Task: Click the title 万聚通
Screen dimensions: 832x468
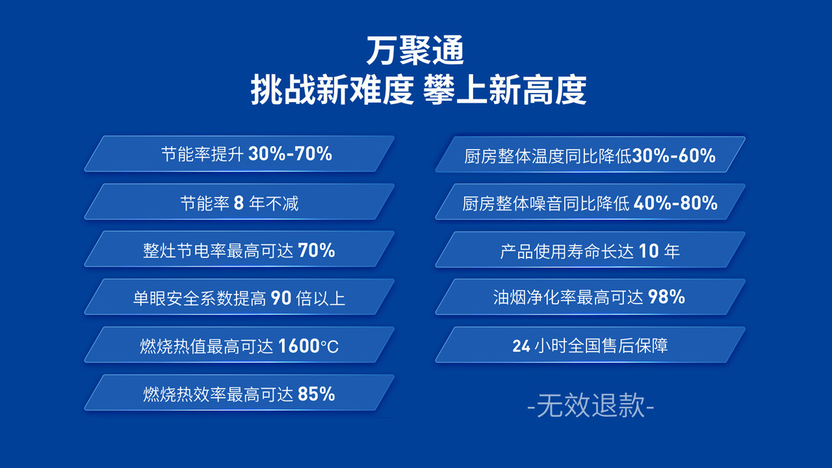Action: coord(415,51)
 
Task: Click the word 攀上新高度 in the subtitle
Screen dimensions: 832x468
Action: coord(505,90)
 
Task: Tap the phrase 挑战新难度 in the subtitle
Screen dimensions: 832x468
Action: coord(332,90)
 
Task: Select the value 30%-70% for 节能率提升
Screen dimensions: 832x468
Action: coord(290,154)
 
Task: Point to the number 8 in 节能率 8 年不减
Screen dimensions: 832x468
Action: coord(239,203)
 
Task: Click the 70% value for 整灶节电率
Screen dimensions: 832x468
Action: coord(317,250)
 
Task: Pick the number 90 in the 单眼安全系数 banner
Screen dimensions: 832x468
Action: coord(281,298)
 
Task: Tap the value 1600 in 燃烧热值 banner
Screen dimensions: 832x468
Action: coord(299,346)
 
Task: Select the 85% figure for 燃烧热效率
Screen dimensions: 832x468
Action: coord(317,394)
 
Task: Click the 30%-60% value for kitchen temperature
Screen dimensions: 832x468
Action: coord(674,155)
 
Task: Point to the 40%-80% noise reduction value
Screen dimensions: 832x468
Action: coord(675,203)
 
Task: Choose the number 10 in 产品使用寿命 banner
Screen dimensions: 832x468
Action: coord(649,251)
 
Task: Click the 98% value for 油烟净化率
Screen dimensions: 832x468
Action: coord(667,297)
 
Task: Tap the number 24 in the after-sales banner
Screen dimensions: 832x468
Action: coord(521,346)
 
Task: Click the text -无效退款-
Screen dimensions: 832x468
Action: coord(591,406)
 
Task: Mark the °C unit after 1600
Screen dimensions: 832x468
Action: coord(330,346)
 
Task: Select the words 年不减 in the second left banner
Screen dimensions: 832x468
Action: coord(274,203)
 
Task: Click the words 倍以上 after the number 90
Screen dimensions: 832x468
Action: coord(320,298)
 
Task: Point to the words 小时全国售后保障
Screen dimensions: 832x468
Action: coord(601,346)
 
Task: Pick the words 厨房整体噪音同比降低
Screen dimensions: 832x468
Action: coord(546,203)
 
